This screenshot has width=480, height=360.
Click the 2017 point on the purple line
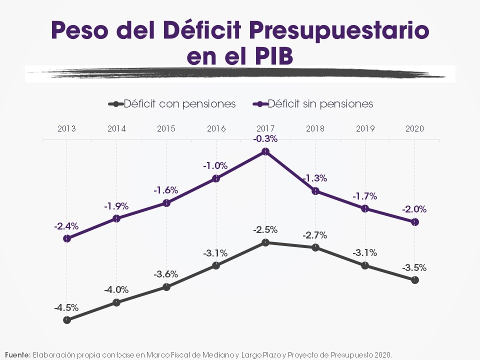(x=265, y=151)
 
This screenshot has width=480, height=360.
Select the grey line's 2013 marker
(x=67, y=320)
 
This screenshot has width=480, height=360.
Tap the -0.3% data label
(x=265, y=138)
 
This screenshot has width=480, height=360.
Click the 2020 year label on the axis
(x=414, y=128)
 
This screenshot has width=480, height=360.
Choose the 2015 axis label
(x=166, y=128)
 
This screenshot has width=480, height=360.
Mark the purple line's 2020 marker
(x=415, y=222)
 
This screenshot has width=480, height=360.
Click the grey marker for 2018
(x=315, y=247)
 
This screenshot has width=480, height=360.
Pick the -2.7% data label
(x=315, y=235)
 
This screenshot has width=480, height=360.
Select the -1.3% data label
(x=315, y=177)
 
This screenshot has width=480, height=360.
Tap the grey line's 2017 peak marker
(x=265, y=242)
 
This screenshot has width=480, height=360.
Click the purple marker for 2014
(x=116, y=218)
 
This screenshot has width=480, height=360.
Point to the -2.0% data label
(x=415, y=209)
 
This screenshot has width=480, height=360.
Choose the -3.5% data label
(x=415, y=267)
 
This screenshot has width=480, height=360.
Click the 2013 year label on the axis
(x=66, y=128)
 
